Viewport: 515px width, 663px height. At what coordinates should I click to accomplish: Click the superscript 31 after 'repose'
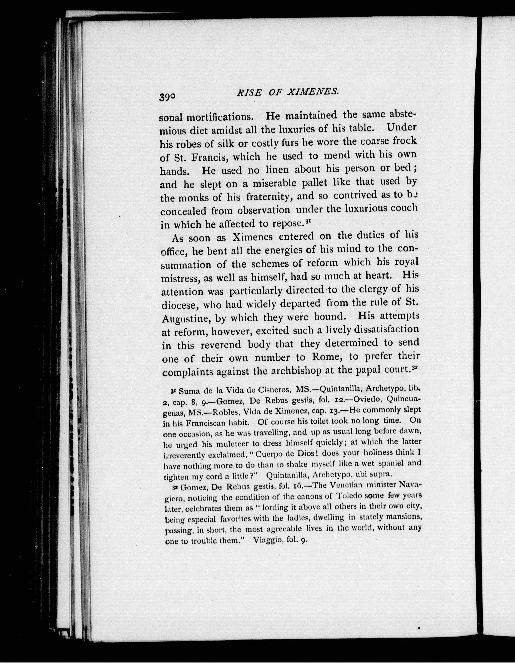(308, 222)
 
